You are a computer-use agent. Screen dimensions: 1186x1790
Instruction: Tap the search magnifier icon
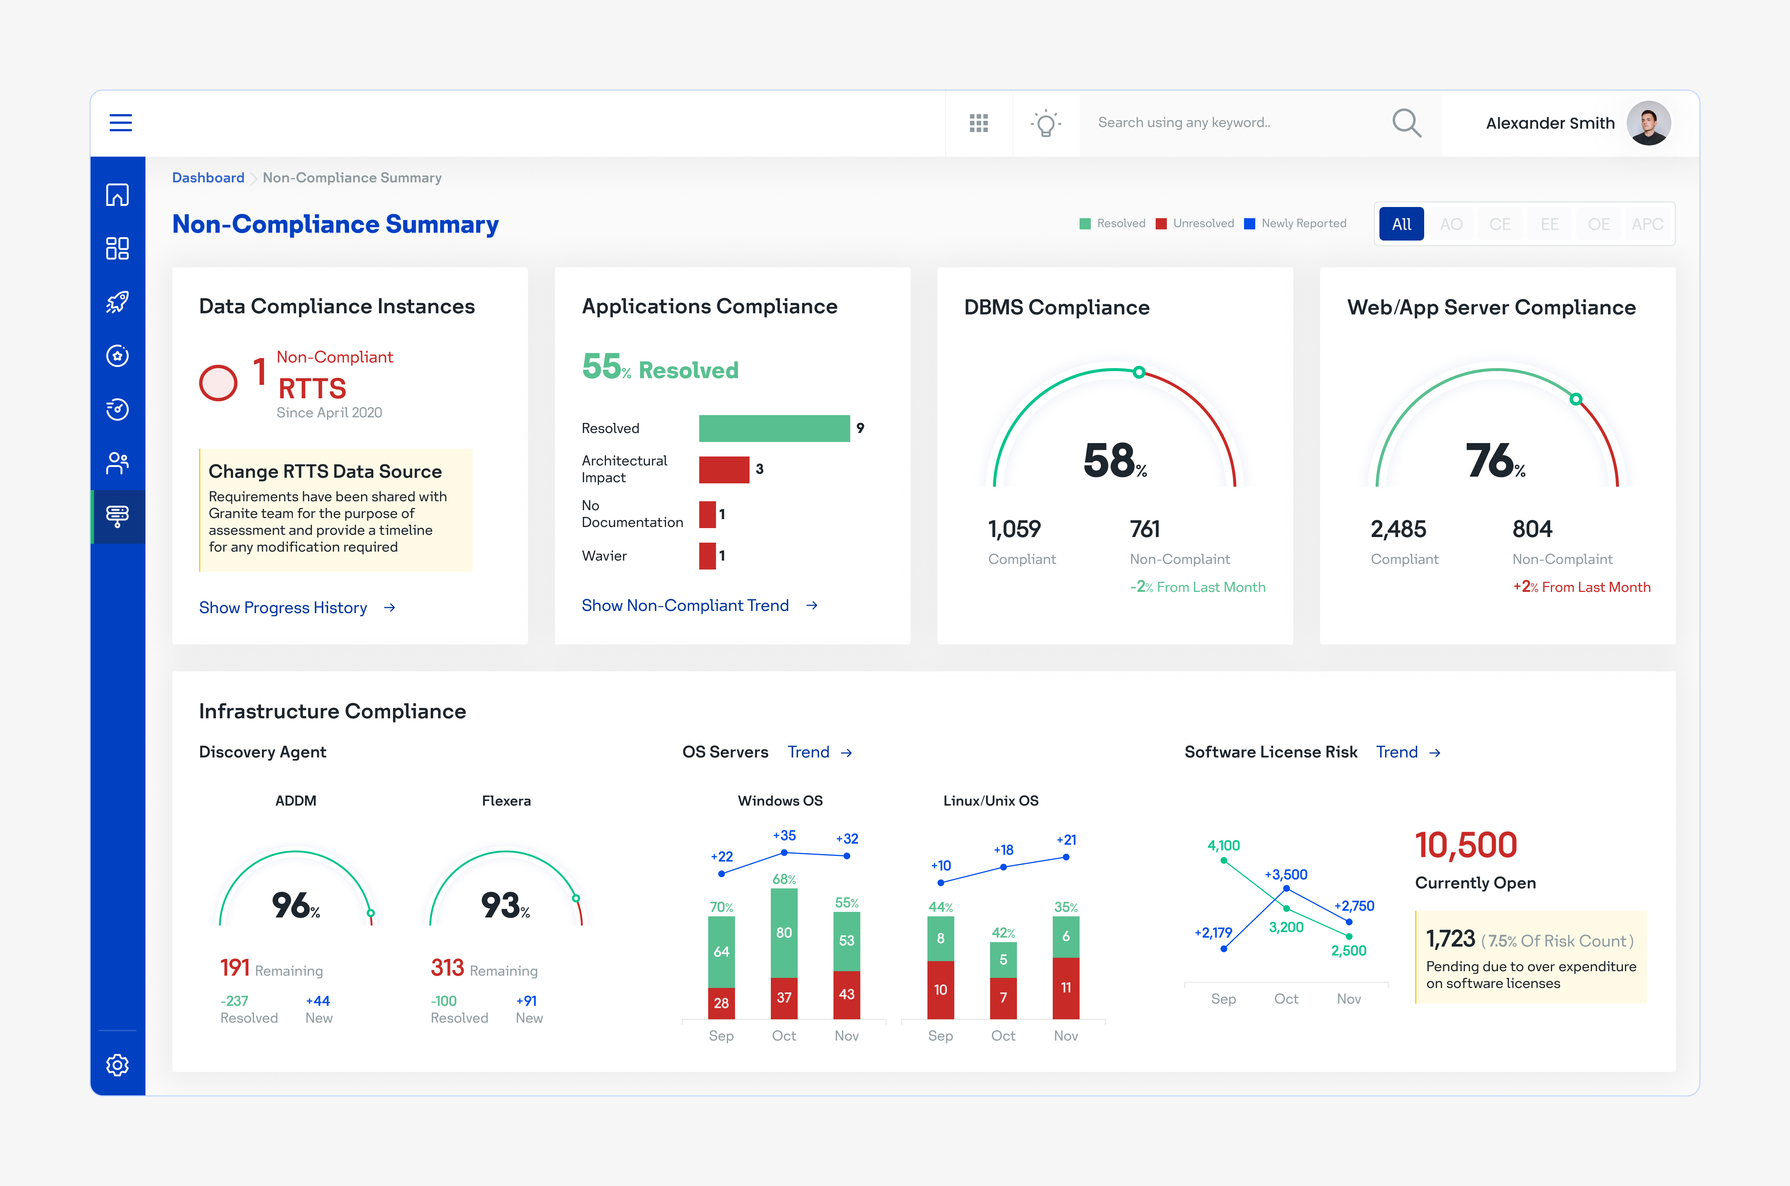(x=1406, y=123)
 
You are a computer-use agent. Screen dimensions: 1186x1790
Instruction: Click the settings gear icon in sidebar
(x=117, y=1064)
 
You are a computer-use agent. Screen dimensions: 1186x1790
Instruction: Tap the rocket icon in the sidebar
(x=117, y=302)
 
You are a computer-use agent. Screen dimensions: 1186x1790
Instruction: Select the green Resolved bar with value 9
(x=774, y=428)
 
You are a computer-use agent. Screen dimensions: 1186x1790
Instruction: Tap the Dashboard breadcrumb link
(x=208, y=178)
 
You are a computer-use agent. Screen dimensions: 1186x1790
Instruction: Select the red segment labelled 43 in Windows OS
(x=846, y=994)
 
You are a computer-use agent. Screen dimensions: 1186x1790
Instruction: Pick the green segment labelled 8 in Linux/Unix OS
(x=940, y=938)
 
